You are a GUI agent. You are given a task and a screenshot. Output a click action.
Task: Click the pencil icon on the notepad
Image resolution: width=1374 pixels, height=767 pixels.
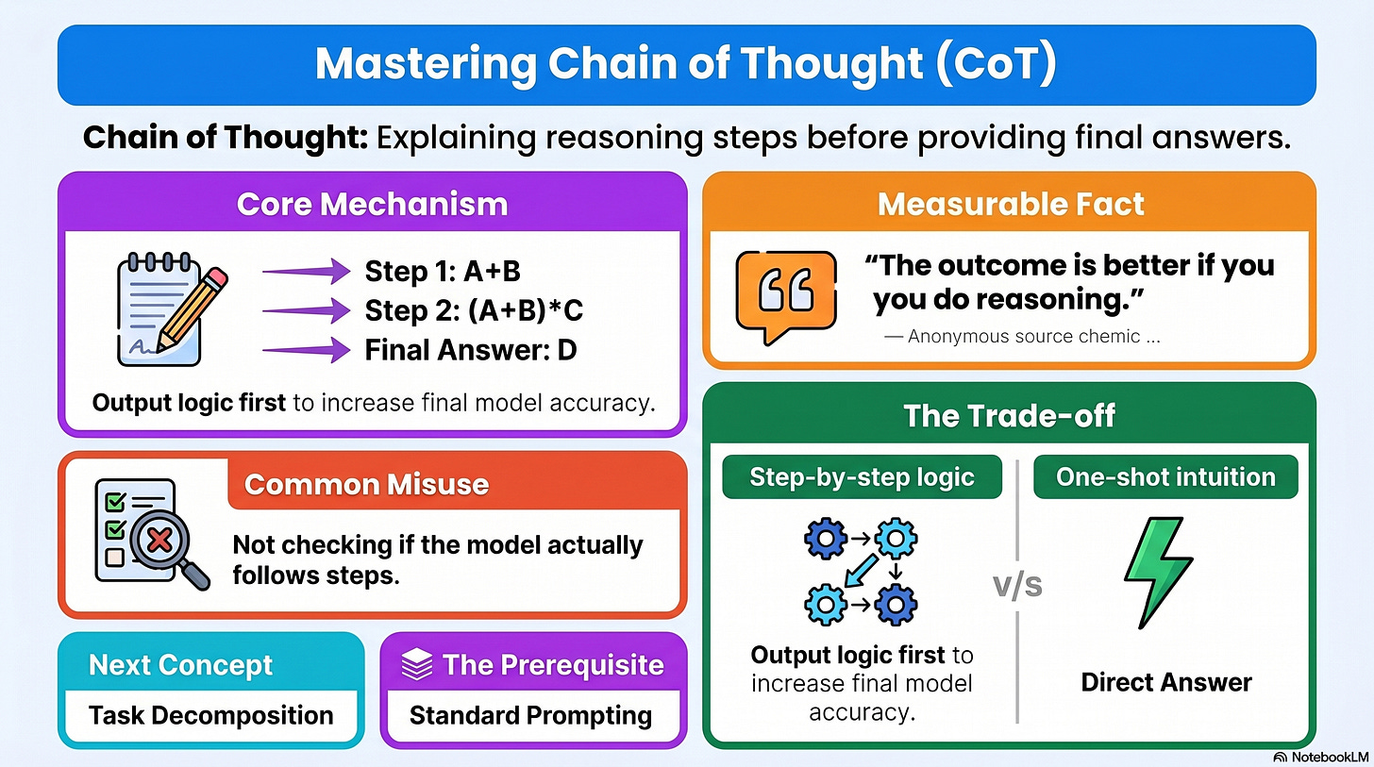[192, 309]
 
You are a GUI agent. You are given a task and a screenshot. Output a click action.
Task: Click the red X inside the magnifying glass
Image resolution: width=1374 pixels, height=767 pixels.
[160, 541]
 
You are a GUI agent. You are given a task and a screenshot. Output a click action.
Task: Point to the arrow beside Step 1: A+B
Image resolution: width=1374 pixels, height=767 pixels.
[306, 271]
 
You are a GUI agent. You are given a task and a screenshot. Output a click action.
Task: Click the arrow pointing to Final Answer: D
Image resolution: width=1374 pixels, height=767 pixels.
[306, 350]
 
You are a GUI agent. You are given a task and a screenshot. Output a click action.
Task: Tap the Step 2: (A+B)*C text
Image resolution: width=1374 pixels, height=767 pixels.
[474, 310]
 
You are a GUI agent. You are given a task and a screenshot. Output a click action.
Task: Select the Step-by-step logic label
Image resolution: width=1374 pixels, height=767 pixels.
[862, 477]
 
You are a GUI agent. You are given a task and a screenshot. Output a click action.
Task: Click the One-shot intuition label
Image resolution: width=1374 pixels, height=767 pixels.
[1165, 477]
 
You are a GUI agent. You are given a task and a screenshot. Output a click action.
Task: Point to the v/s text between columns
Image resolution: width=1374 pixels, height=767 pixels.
[1017, 585]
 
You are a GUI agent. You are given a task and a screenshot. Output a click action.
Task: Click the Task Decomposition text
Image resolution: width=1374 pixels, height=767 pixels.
[211, 715]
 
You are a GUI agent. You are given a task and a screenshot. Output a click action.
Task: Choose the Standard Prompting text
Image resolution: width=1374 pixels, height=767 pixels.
[530, 715]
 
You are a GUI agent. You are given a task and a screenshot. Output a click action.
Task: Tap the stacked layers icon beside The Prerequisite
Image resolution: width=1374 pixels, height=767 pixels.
[417, 664]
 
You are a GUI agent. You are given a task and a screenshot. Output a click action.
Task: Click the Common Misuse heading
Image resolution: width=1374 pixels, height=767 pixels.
[366, 484]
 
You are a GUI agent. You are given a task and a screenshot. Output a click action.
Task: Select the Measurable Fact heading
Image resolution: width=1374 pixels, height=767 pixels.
[1011, 204]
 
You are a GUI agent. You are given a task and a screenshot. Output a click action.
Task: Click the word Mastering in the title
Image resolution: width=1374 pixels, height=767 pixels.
[427, 64]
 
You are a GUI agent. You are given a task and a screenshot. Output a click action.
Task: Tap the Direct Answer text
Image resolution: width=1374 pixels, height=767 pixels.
[1166, 682]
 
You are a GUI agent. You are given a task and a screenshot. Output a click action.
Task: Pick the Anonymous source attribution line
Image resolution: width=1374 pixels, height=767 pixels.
[1022, 336]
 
